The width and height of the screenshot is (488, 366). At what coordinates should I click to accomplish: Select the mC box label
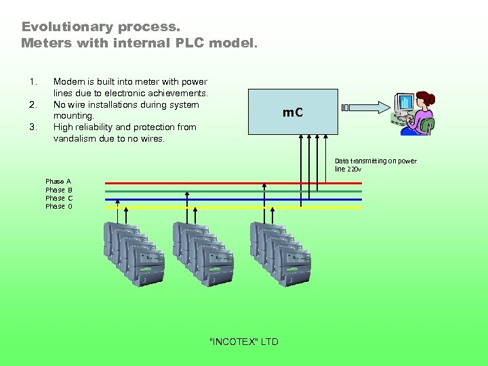pyautogui.click(x=293, y=112)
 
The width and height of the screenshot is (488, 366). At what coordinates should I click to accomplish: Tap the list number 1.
pyautogui.click(x=33, y=82)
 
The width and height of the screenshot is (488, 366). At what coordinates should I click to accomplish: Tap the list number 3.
pyautogui.click(x=33, y=127)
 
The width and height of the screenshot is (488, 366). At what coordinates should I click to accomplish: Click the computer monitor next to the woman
pyautogui.click(x=405, y=104)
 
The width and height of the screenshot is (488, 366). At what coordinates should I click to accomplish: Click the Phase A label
pyautogui.click(x=58, y=182)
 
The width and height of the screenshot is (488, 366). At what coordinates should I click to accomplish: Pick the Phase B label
pyautogui.click(x=58, y=190)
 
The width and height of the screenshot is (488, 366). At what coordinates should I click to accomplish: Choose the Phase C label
pyautogui.click(x=58, y=198)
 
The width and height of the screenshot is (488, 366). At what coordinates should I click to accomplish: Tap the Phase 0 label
pyautogui.click(x=58, y=206)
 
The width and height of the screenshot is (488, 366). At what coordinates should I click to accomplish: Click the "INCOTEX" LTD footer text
pyautogui.click(x=244, y=342)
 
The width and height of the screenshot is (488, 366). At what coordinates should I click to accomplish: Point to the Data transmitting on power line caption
pyautogui.click(x=375, y=165)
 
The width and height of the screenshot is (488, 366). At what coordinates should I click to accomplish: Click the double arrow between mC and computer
pyautogui.click(x=367, y=107)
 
